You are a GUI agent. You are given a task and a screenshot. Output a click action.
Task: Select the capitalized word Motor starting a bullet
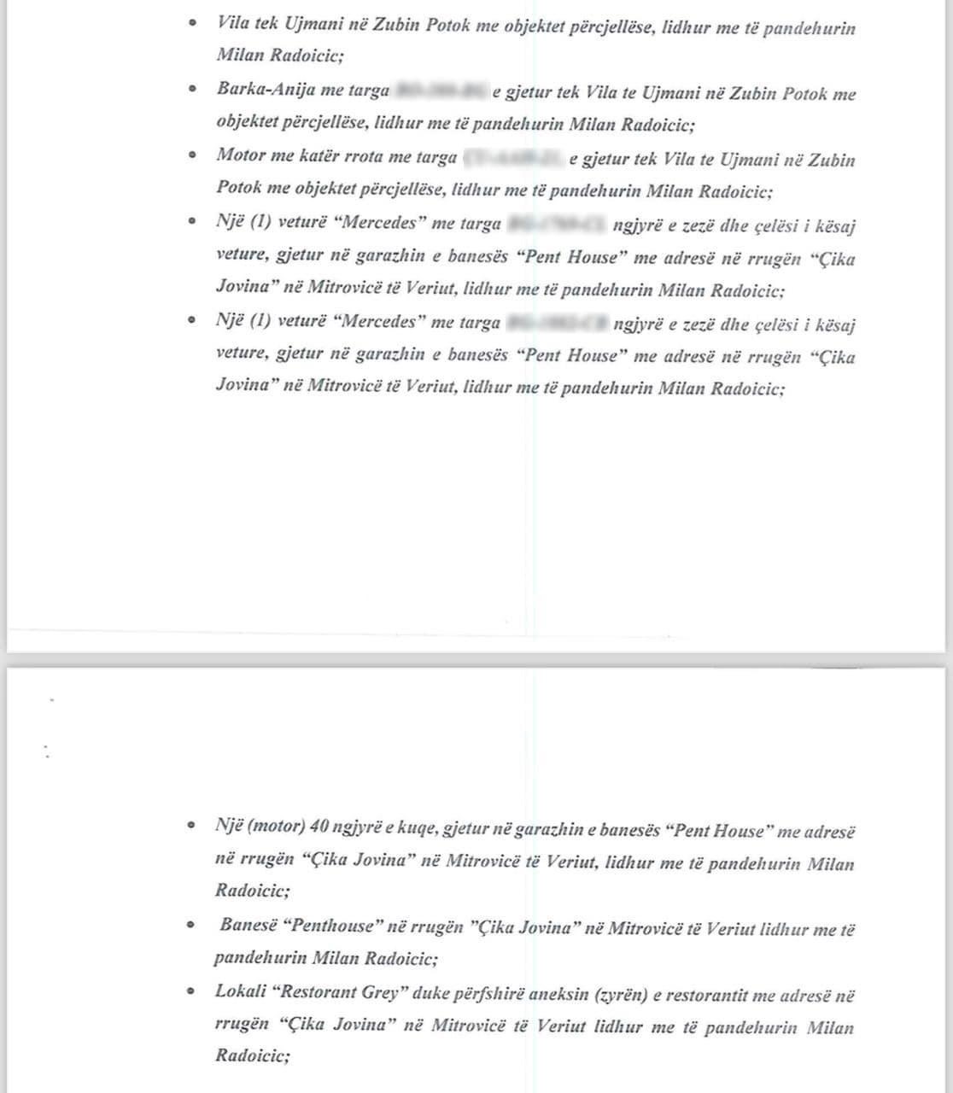[241, 155]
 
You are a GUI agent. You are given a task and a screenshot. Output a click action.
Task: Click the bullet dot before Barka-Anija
[194, 88]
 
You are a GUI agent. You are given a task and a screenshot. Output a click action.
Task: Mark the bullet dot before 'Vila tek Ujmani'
[194, 22]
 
